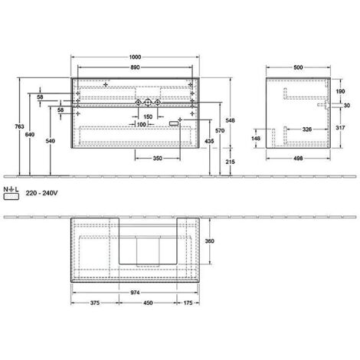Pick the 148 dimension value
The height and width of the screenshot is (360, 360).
pos(257,139)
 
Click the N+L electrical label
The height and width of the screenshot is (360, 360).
pos(11,188)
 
